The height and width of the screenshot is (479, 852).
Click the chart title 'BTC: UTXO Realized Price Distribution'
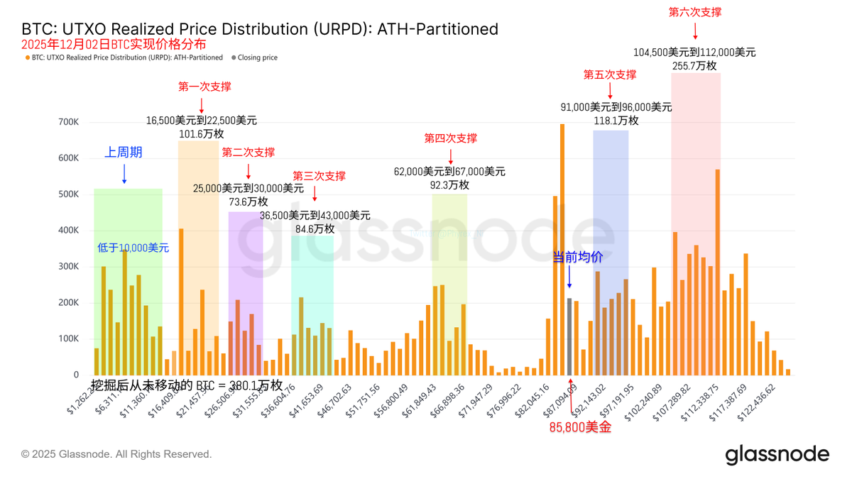click(x=260, y=29)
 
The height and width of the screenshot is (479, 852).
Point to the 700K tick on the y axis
click(x=68, y=122)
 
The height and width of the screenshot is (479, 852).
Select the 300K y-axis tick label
click(x=68, y=267)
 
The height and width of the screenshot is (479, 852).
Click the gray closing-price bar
click(x=569, y=337)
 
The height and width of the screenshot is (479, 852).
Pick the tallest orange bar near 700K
click(x=562, y=248)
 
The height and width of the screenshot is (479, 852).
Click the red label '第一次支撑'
click(x=204, y=87)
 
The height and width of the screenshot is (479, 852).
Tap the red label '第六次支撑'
click(x=695, y=12)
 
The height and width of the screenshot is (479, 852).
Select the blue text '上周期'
click(x=124, y=152)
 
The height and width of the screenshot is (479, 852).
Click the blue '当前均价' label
click(x=577, y=258)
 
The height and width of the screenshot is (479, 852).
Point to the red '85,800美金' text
click(x=580, y=427)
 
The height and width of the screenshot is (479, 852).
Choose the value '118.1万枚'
click(x=616, y=121)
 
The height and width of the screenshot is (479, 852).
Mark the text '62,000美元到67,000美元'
click(x=449, y=172)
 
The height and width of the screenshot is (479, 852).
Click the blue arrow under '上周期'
click(x=124, y=174)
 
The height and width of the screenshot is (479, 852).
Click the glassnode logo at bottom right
click(x=777, y=454)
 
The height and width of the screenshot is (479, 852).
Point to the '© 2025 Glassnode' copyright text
click(x=116, y=454)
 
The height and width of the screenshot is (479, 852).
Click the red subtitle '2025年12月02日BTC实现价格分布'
click(x=114, y=44)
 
